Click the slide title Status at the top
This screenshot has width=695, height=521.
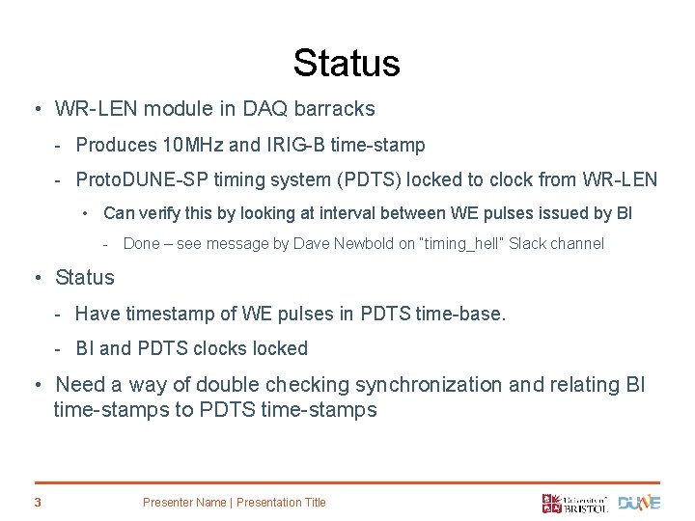coord(347,64)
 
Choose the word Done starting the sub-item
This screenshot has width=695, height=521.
coord(142,244)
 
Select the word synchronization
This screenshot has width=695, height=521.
coord(429,385)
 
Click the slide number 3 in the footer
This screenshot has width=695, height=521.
coord(37,502)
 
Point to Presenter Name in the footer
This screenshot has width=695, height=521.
coord(183,503)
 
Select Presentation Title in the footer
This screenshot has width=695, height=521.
coord(281,503)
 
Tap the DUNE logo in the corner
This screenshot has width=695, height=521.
coord(639,503)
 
